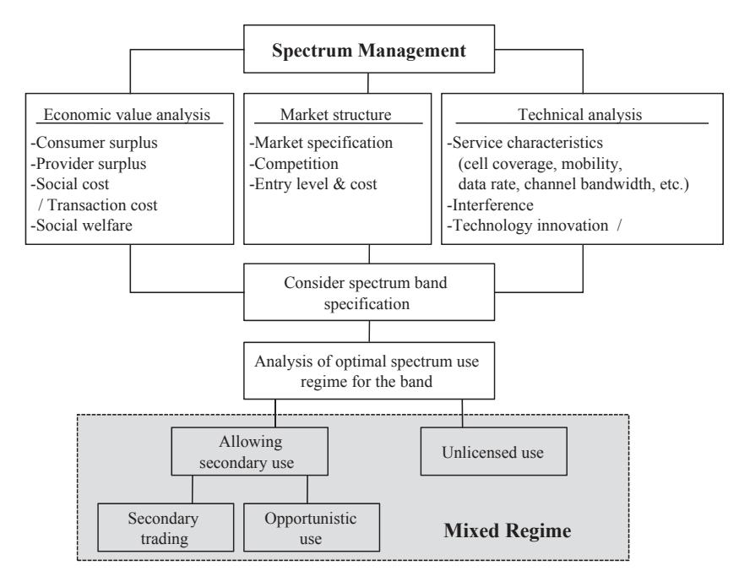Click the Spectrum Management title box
369,49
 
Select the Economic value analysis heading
127,115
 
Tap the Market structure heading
335,115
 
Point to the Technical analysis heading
579,115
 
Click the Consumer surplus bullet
95,143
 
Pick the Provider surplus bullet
89,164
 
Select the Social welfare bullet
82,226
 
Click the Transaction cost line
98,205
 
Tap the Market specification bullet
321,143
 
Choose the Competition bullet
294,164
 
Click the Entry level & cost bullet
313,184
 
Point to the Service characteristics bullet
525,143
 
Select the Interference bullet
490,205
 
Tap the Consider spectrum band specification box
369,292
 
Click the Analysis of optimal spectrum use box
369,371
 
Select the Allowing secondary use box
249,451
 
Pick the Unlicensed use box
493,451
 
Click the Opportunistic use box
312,527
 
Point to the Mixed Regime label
507,530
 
